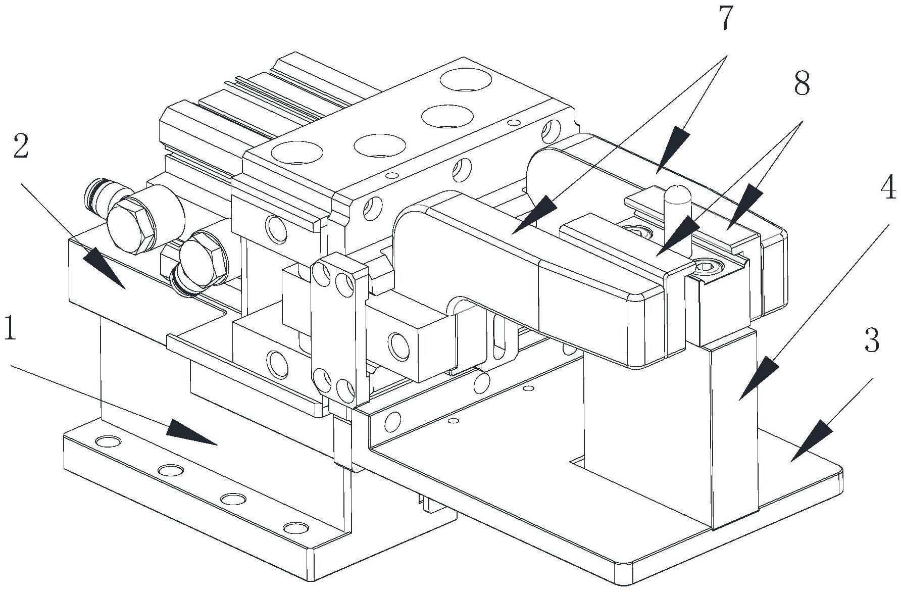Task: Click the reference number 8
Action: point(802,83)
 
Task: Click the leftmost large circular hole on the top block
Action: point(297,152)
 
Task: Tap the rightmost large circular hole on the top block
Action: point(466,81)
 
